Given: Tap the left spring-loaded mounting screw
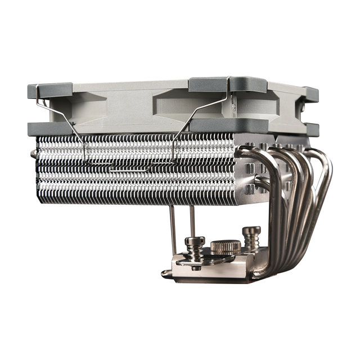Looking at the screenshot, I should (x=195, y=247).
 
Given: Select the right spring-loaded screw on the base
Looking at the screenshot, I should (x=251, y=237).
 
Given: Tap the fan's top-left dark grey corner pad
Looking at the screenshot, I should (x=51, y=90).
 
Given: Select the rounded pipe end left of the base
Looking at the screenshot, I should (x=165, y=274).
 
